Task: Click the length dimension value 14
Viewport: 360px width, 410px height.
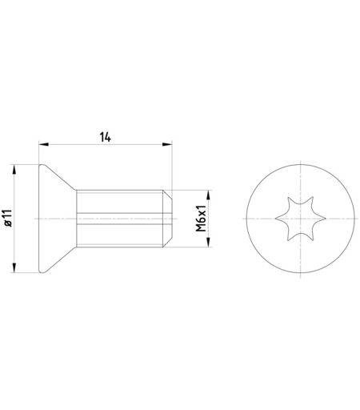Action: coord(106,137)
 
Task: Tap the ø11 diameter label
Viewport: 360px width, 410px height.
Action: coord(8,218)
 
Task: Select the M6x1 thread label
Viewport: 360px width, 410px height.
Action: coord(201,219)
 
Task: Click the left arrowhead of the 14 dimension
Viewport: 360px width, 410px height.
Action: coord(44,144)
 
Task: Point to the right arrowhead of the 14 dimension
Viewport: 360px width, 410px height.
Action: coord(167,144)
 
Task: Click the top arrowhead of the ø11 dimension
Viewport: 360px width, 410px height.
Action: coord(14,170)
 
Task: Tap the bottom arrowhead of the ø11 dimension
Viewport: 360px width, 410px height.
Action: coord(14,267)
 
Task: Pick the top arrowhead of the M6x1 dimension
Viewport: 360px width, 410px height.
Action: coord(209,195)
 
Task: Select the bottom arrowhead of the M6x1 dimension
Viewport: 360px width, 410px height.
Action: coord(209,242)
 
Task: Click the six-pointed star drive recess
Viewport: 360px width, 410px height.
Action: coord(300,219)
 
